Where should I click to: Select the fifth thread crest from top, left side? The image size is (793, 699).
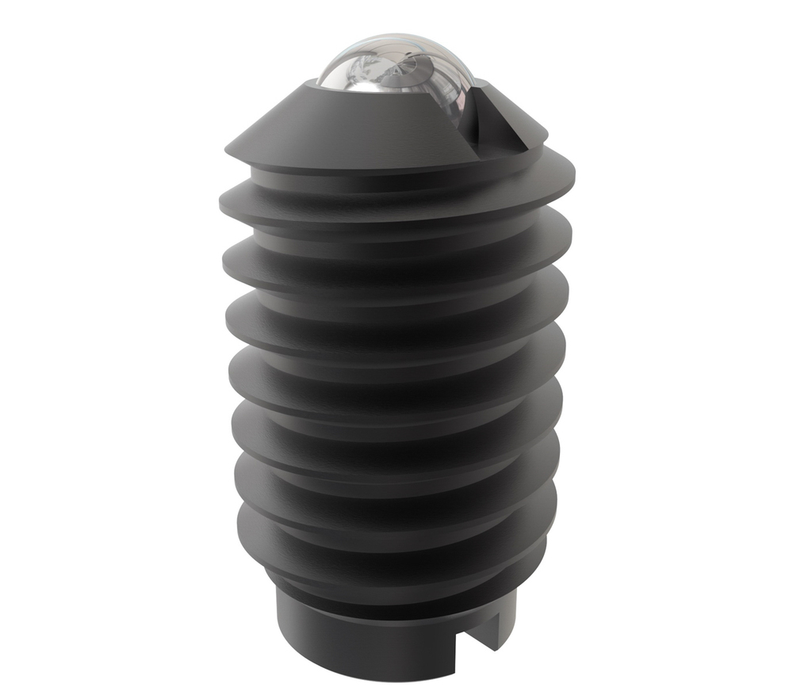tap(236, 420)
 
